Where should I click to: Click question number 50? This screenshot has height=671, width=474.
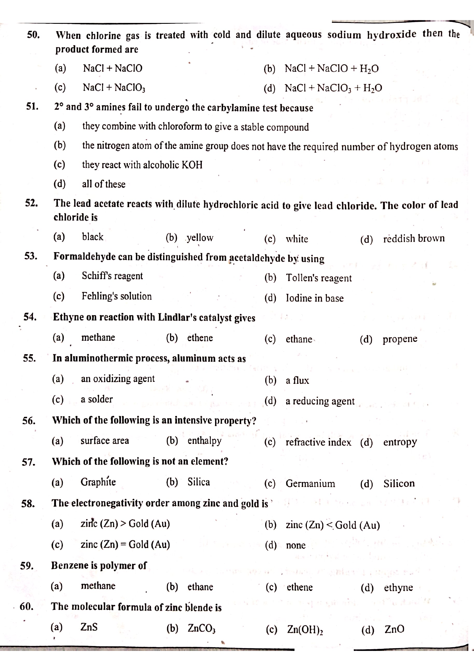[33, 35]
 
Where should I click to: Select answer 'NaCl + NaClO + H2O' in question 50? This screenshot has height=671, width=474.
[331, 69]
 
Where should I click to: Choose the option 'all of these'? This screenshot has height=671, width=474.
[104, 184]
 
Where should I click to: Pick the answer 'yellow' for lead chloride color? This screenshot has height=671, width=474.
[200, 238]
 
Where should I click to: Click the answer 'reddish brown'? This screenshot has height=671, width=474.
[413, 238]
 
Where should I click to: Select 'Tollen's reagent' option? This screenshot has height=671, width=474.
[319, 278]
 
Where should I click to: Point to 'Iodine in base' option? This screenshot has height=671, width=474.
[315, 298]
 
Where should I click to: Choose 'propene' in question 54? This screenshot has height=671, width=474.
[400, 339]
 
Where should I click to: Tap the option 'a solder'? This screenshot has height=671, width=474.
[97, 399]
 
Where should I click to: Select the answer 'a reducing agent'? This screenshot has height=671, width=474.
[320, 401]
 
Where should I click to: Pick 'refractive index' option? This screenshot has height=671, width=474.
[318, 442]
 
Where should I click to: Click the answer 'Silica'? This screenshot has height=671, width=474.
[199, 482]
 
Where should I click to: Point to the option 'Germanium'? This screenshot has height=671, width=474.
[310, 483]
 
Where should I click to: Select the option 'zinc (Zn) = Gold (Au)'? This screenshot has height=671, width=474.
[125, 544]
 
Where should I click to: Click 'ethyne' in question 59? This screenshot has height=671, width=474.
[398, 588]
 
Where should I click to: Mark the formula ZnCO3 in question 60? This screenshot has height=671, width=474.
[201, 628]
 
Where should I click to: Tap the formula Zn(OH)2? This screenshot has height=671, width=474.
[305, 629]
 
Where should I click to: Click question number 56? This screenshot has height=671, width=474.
[29, 421]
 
